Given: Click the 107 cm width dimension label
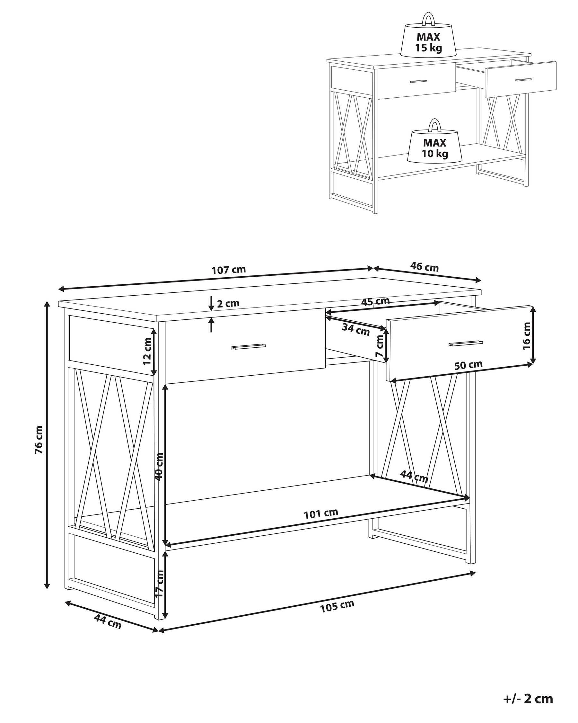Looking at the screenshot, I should tap(229, 270).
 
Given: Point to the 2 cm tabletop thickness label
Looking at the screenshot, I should tap(228, 303).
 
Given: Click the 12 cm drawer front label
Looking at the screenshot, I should tap(147, 351).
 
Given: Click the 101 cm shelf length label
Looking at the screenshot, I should tap(321, 523).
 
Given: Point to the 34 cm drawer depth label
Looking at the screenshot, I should tap(355, 330).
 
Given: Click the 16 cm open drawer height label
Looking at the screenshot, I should tap(526, 336).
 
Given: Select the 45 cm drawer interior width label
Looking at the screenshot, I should tap(375, 301).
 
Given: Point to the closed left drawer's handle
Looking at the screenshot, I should tap(248, 347).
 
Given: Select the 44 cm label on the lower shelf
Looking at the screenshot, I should tap(414, 477).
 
